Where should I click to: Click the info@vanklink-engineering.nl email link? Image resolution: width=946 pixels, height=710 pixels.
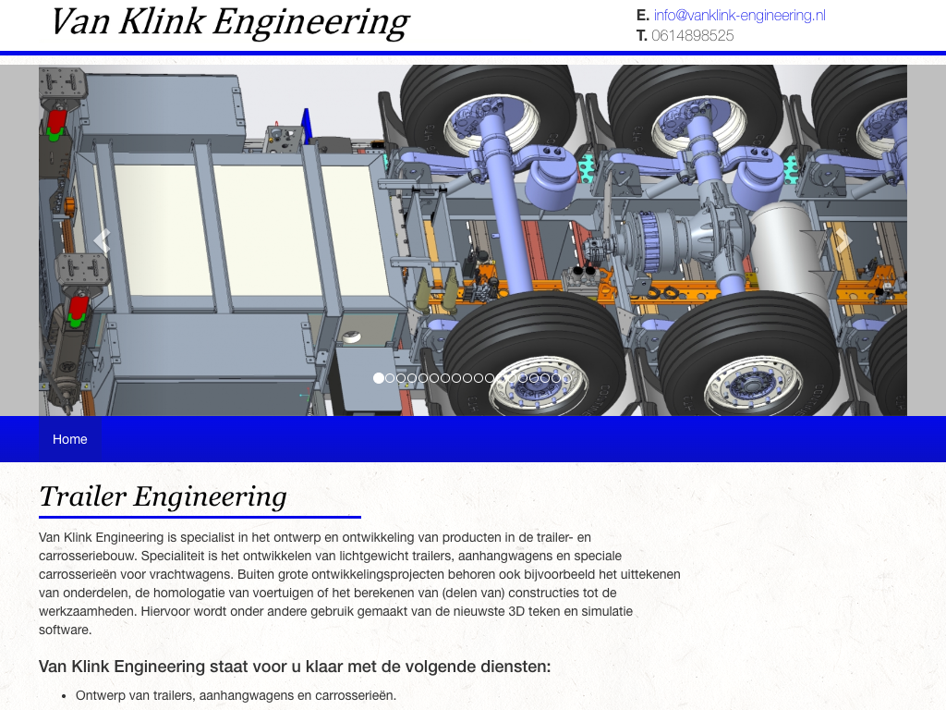click(740, 16)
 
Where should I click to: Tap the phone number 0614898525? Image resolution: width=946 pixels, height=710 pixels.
click(693, 36)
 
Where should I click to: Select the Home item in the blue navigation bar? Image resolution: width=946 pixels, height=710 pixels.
click(70, 439)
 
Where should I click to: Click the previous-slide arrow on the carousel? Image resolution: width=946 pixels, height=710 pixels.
click(103, 240)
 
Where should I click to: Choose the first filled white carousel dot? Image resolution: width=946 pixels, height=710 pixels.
click(378, 378)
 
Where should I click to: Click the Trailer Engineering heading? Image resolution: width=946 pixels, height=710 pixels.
click(163, 496)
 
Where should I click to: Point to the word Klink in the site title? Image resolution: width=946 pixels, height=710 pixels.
click(163, 22)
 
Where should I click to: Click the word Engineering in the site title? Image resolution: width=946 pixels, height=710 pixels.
click(311, 23)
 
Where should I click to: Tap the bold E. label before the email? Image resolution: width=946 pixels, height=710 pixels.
click(643, 16)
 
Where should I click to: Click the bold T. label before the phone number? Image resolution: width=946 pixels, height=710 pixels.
click(642, 36)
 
